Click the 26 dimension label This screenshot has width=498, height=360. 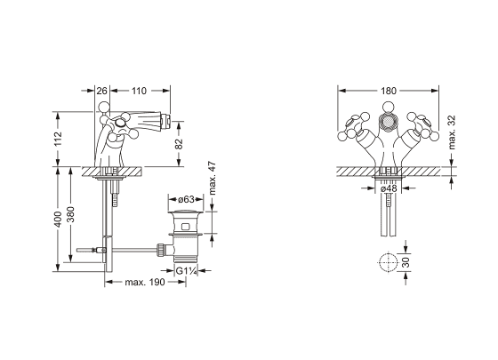tap(101, 91)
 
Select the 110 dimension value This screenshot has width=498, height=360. tap(139, 91)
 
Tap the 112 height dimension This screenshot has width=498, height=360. tap(58, 139)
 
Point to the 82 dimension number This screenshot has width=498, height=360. tap(179, 143)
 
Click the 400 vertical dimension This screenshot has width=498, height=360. tap(58, 219)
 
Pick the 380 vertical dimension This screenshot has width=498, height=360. tap(70, 214)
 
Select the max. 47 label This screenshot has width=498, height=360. tap(213, 178)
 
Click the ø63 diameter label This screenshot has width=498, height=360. tap(186, 199)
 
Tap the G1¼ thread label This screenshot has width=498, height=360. tap(187, 271)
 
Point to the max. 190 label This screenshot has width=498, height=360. tap(145, 282)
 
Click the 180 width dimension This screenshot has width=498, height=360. tap(389, 91)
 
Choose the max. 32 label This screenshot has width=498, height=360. tap(452, 132)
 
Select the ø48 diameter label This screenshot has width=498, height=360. tap(389, 188)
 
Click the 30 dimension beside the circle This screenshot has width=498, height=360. tap(406, 262)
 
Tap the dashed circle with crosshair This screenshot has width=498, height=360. tap(388, 262)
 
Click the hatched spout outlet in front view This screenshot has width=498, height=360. tap(388, 123)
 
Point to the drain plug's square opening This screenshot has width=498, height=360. tap(186, 227)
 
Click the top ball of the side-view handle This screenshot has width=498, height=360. tap(104, 107)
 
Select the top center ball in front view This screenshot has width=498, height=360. tap(388, 107)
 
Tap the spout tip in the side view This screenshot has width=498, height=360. tap(166, 120)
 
